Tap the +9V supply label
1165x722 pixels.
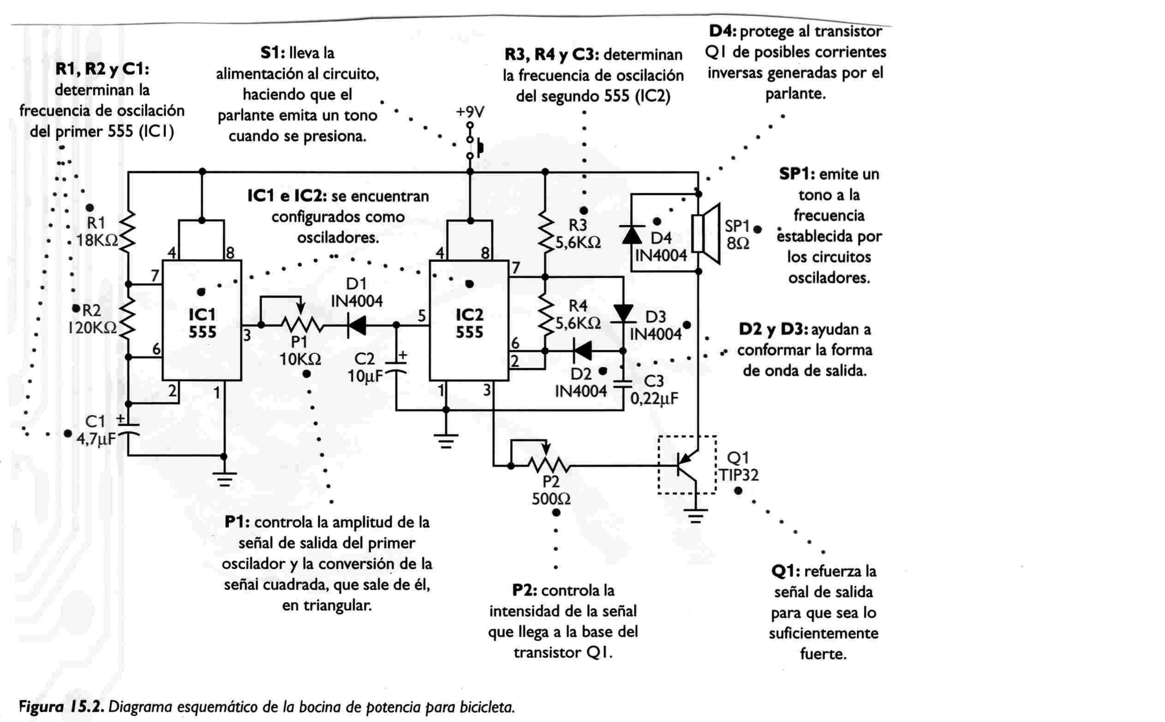(x=470, y=112)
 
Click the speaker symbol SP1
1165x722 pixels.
(x=705, y=233)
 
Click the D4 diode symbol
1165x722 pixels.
(x=632, y=234)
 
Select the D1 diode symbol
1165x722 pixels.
(x=357, y=326)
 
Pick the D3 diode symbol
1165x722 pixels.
(x=623, y=314)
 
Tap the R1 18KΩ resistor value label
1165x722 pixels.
(x=97, y=240)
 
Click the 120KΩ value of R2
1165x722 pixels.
(x=92, y=328)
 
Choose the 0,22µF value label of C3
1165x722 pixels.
(x=654, y=398)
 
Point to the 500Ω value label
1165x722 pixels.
(x=551, y=500)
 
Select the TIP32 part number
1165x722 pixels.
(x=739, y=475)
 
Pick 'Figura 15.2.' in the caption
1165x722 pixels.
(x=61, y=707)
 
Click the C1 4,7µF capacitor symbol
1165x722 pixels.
(x=128, y=429)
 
